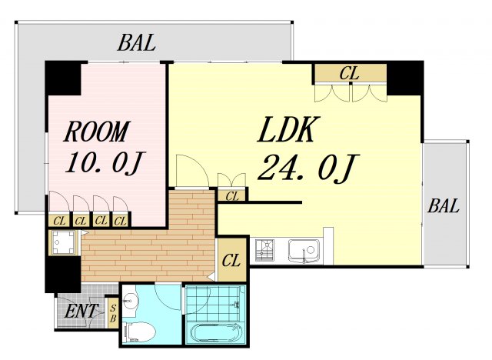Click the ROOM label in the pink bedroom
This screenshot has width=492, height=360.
96,132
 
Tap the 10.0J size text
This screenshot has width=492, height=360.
105,162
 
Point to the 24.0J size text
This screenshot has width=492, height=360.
308,167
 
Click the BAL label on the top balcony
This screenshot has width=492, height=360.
137,42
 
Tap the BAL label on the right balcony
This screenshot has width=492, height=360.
444,206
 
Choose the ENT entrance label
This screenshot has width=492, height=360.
81,311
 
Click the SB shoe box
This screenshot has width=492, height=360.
113,313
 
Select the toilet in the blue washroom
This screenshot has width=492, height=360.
140,332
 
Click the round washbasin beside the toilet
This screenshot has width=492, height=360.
129,302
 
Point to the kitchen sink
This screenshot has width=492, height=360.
304,251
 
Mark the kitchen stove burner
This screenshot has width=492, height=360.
264,250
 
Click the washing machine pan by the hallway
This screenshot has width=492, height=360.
63,242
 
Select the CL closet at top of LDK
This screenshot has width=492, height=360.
351,73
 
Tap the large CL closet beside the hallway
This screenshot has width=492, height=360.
232,260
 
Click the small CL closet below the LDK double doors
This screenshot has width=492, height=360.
232,196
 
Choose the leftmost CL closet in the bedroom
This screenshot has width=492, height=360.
59,221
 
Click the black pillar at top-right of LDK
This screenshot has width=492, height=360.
405,78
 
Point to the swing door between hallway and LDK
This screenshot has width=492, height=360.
191,171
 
